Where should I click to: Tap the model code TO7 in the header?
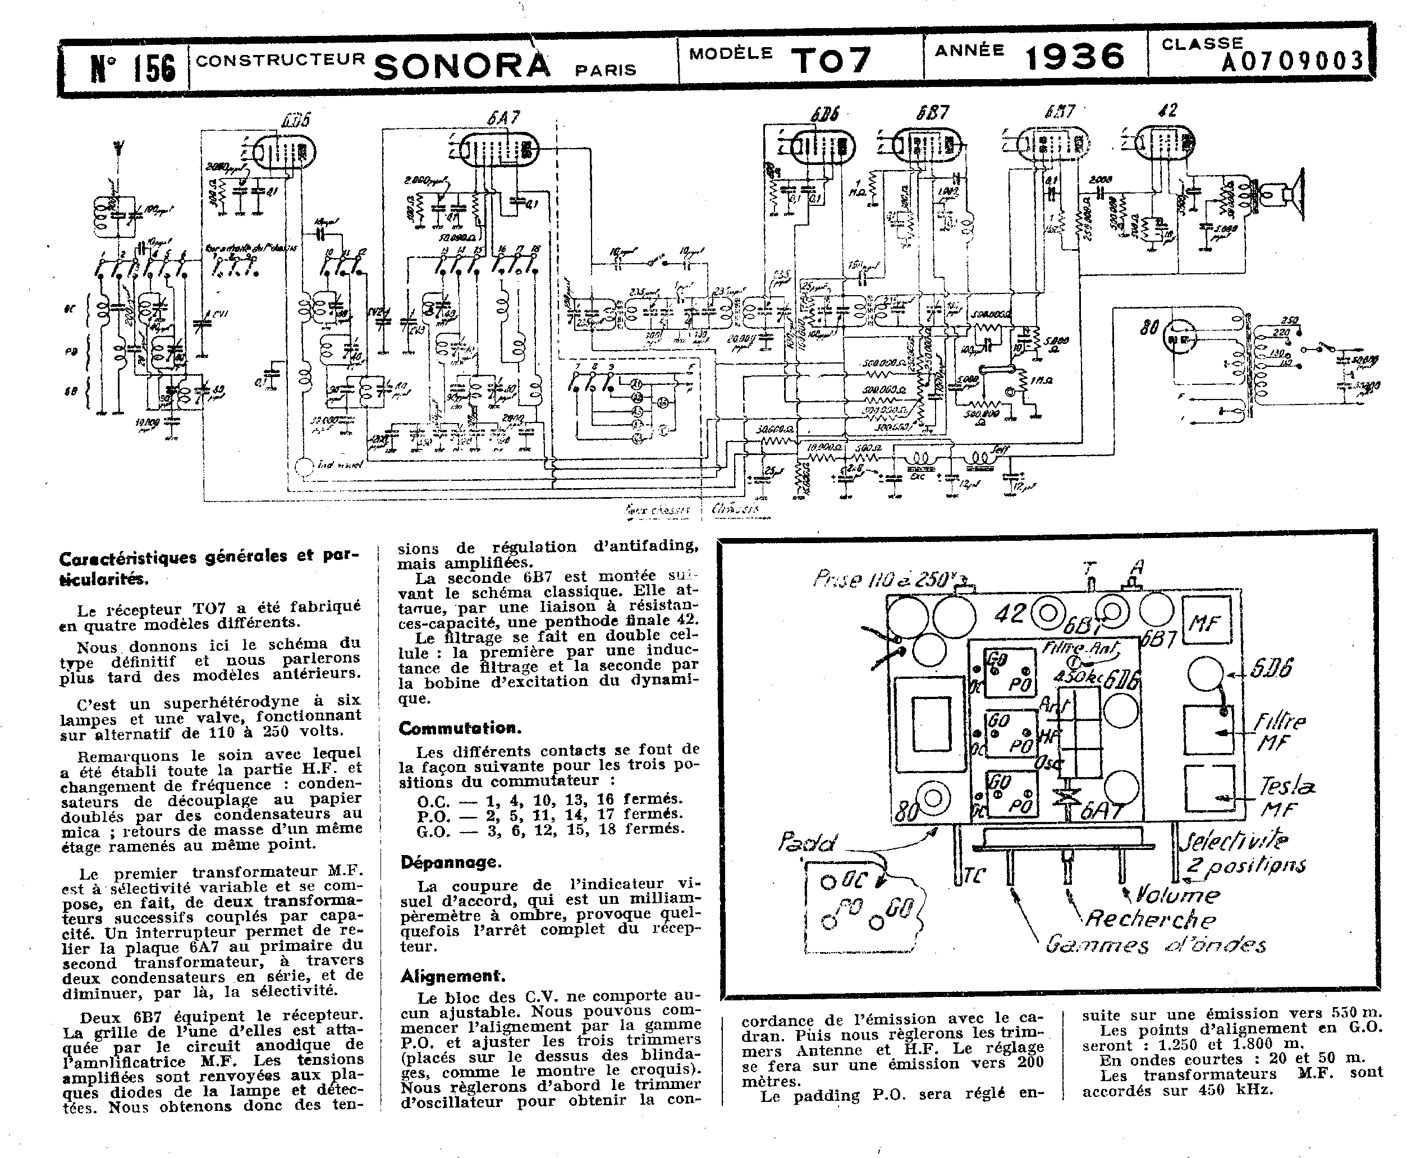[x=832, y=60]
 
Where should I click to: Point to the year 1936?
[x=1075, y=57]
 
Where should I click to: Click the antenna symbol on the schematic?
[x=118, y=149]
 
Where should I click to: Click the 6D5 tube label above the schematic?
[x=296, y=121]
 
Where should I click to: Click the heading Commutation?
[x=460, y=728]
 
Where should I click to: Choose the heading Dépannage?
[x=450, y=862]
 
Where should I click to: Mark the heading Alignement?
[x=453, y=977]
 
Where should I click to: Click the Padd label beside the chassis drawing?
[x=806, y=843]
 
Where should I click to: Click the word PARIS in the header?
[x=606, y=71]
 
